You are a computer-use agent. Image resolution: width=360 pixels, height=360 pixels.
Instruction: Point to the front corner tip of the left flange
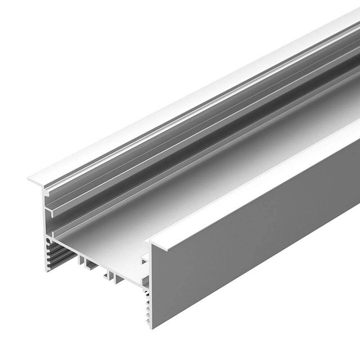click(x=28, y=181)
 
